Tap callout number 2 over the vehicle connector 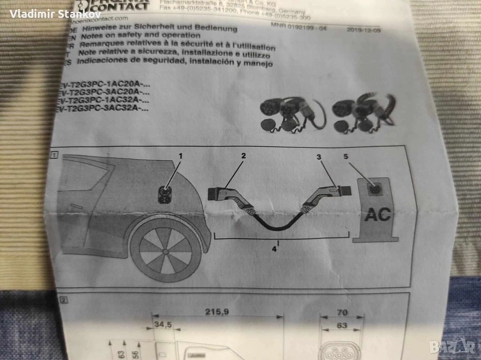(243, 155)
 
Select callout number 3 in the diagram (319, 158)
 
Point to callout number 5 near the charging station (346, 157)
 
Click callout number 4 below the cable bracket (274, 249)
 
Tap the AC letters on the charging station (378, 215)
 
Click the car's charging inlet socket (164, 194)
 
